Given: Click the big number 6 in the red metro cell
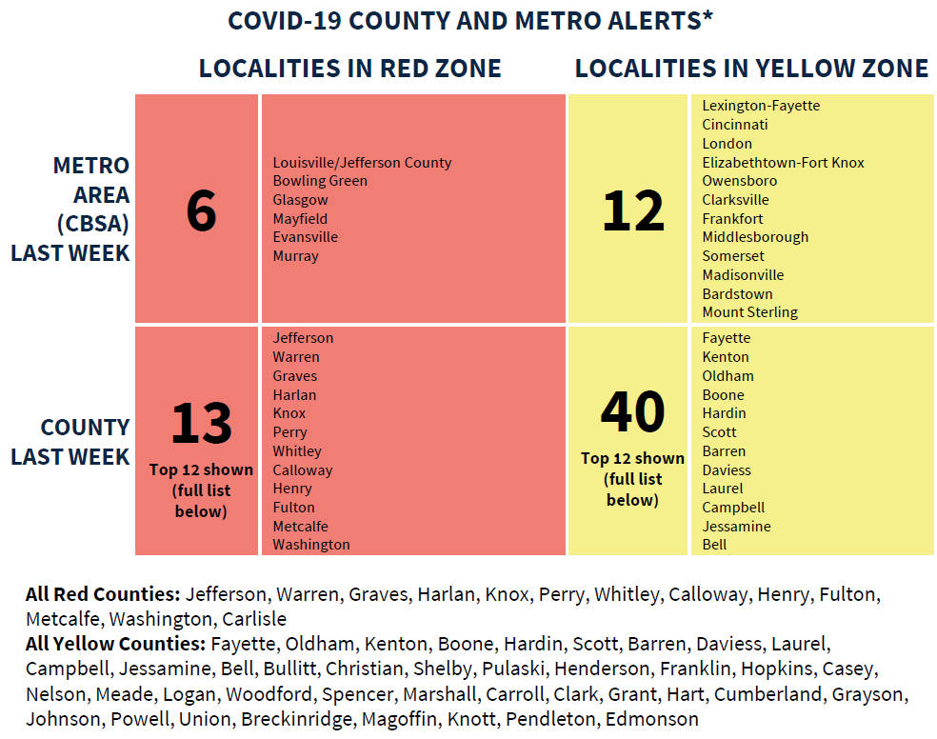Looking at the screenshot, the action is tap(201, 210).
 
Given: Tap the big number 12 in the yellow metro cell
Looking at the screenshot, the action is tap(632, 210).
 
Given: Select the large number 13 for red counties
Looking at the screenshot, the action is tap(201, 424).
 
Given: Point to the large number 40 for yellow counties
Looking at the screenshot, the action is tap(632, 411).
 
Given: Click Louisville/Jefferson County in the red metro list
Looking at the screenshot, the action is tap(362, 163).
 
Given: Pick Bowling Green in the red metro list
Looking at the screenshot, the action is tap(320, 181).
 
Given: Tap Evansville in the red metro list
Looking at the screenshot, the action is tap(305, 237).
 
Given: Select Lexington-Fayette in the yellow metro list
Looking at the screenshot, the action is tap(761, 106).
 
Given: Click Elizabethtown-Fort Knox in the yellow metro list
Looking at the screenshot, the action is tap(783, 163).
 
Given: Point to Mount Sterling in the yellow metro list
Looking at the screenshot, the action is tap(749, 312).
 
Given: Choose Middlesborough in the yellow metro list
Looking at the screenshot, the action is tap(755, 237).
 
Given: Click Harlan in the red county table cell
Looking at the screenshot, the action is tap(294, 394).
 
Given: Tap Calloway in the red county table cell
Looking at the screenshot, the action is tap(302, 469).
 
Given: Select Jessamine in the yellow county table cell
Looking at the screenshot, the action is tap(736, 526).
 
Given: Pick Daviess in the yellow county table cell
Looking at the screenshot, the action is tap(727, 469).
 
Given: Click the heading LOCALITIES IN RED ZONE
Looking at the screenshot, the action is tap(349, 69).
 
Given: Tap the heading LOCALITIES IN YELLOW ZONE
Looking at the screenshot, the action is tap(751, 69).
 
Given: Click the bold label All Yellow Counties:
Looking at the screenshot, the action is tap(115, 644).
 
